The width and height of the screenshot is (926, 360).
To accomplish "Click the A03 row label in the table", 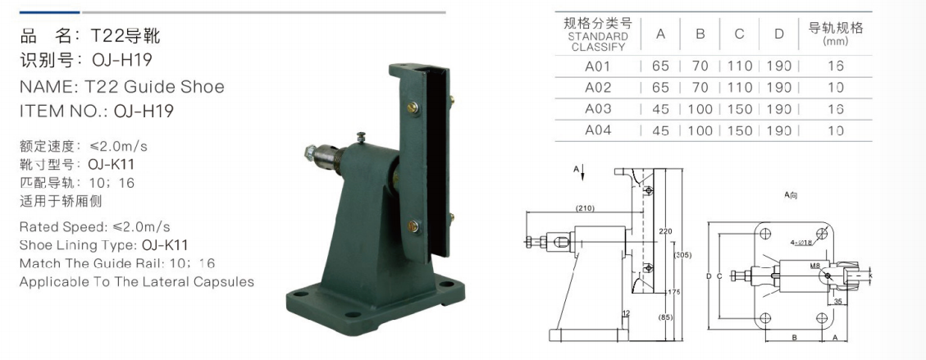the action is [598, 109].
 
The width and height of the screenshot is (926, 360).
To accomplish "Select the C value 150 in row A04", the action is [739, 130].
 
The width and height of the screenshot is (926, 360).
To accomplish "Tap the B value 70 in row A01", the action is [700, 66].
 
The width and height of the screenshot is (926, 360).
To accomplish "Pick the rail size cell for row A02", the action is [835, 88].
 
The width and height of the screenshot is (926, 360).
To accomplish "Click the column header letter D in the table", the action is [779, 34].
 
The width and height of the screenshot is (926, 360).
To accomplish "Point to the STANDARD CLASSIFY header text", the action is [598, 42].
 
